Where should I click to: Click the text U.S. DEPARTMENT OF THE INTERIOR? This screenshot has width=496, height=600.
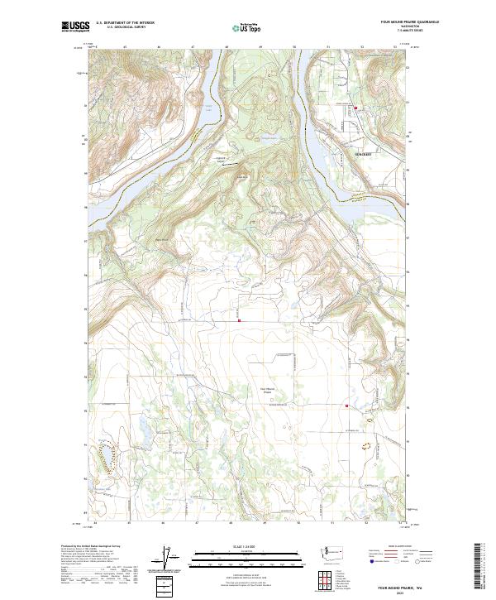click(x=125, y=23)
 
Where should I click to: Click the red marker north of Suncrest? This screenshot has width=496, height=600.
click(x=356, y=108)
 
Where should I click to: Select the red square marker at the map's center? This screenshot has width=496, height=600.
click(x=240, y=320)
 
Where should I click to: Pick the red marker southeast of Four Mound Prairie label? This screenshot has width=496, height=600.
click(x=346, y=406)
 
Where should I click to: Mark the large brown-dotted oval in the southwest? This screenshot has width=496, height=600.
click(x=107, y=454)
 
